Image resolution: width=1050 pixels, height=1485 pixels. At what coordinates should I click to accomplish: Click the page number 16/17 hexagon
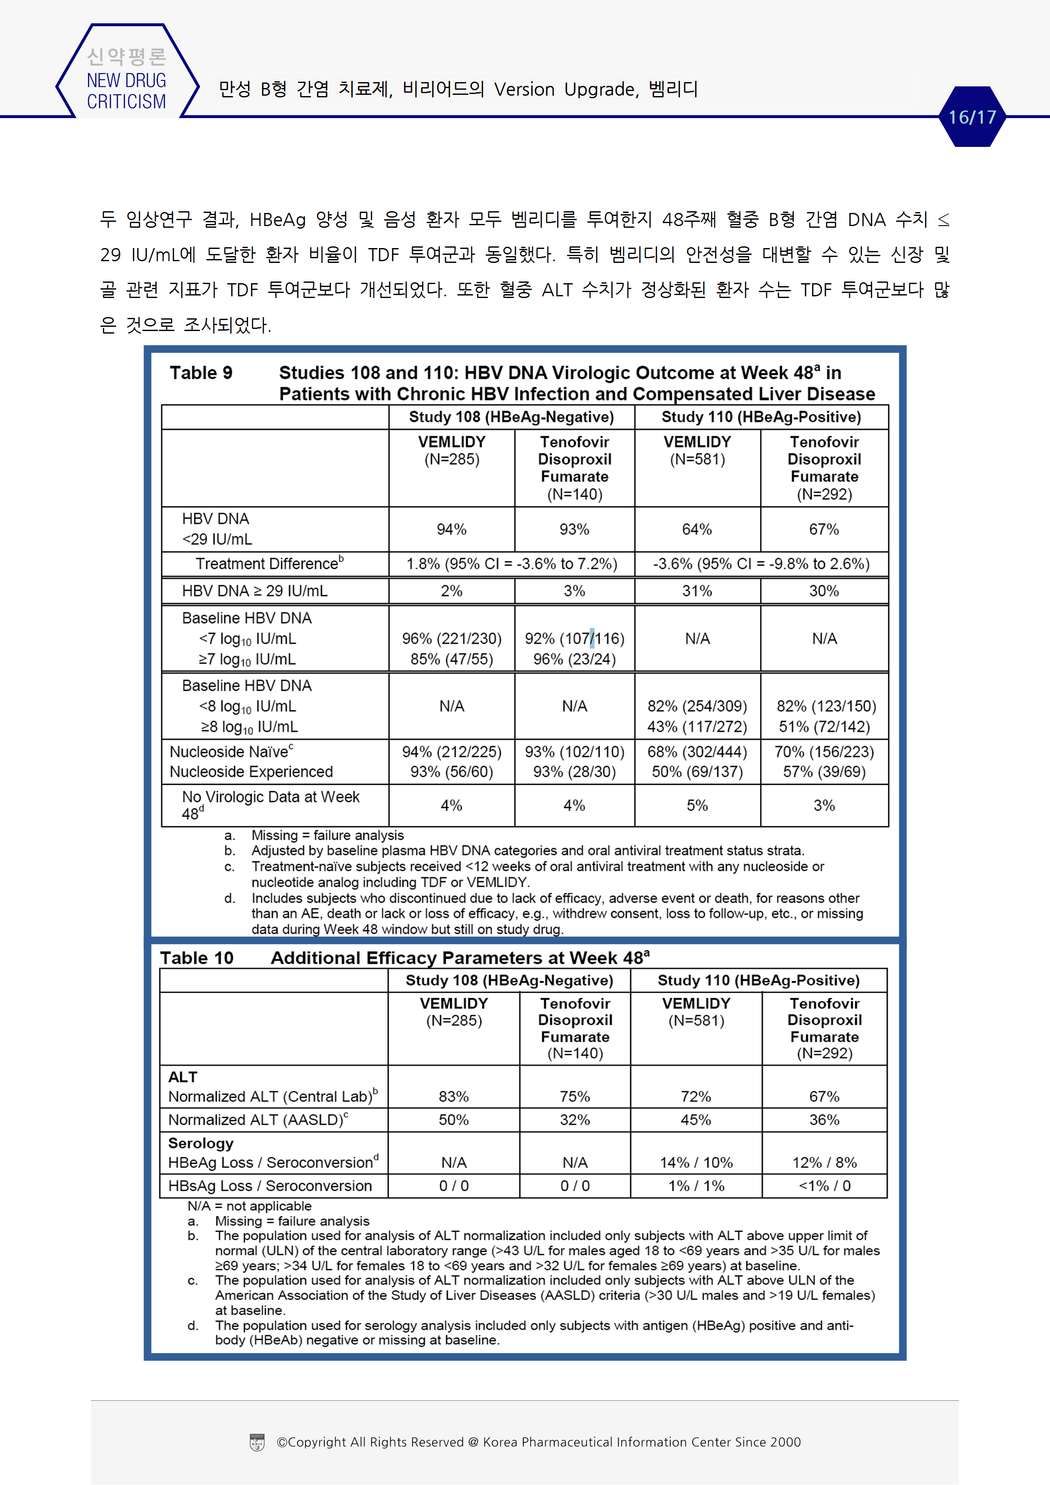[x=972, y=117]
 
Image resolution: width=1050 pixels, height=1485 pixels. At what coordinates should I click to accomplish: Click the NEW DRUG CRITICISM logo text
[x=126, y=91]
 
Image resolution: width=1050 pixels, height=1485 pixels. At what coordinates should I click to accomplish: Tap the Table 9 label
[x=201, y=373]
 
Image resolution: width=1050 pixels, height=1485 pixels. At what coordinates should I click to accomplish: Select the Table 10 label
[x=197, y=958]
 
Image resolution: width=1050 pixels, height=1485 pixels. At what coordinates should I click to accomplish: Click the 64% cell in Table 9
[x=697, y=530]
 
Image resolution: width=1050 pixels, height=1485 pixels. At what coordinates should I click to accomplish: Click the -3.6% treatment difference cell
[x=761, y=564]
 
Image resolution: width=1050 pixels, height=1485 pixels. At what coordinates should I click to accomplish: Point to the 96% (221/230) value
[x=452, y=639]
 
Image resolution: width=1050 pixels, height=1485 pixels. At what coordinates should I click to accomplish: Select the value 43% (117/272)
[x=697, y=727]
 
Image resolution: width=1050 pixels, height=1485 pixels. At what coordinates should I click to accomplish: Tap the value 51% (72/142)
[x=824, y=727]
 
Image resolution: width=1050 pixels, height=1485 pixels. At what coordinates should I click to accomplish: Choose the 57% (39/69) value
[x=824, y=772]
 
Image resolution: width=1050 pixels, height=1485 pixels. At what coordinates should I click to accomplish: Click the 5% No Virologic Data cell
[x=697, y=806]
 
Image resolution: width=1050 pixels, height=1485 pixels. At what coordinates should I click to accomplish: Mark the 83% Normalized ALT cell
[x=453, y=1097]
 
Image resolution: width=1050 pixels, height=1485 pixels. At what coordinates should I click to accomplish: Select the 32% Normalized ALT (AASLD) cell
[x=575, y=1120]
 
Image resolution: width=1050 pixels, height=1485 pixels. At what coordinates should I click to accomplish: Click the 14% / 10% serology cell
[x=696, y=1163]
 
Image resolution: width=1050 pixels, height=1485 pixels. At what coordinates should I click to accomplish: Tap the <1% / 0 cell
[x=824, y=1186]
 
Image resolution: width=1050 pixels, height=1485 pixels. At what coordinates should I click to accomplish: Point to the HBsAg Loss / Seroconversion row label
[x=270, y=1186]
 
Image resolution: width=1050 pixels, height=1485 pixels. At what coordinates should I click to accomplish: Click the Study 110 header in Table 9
[x=761, y=417]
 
